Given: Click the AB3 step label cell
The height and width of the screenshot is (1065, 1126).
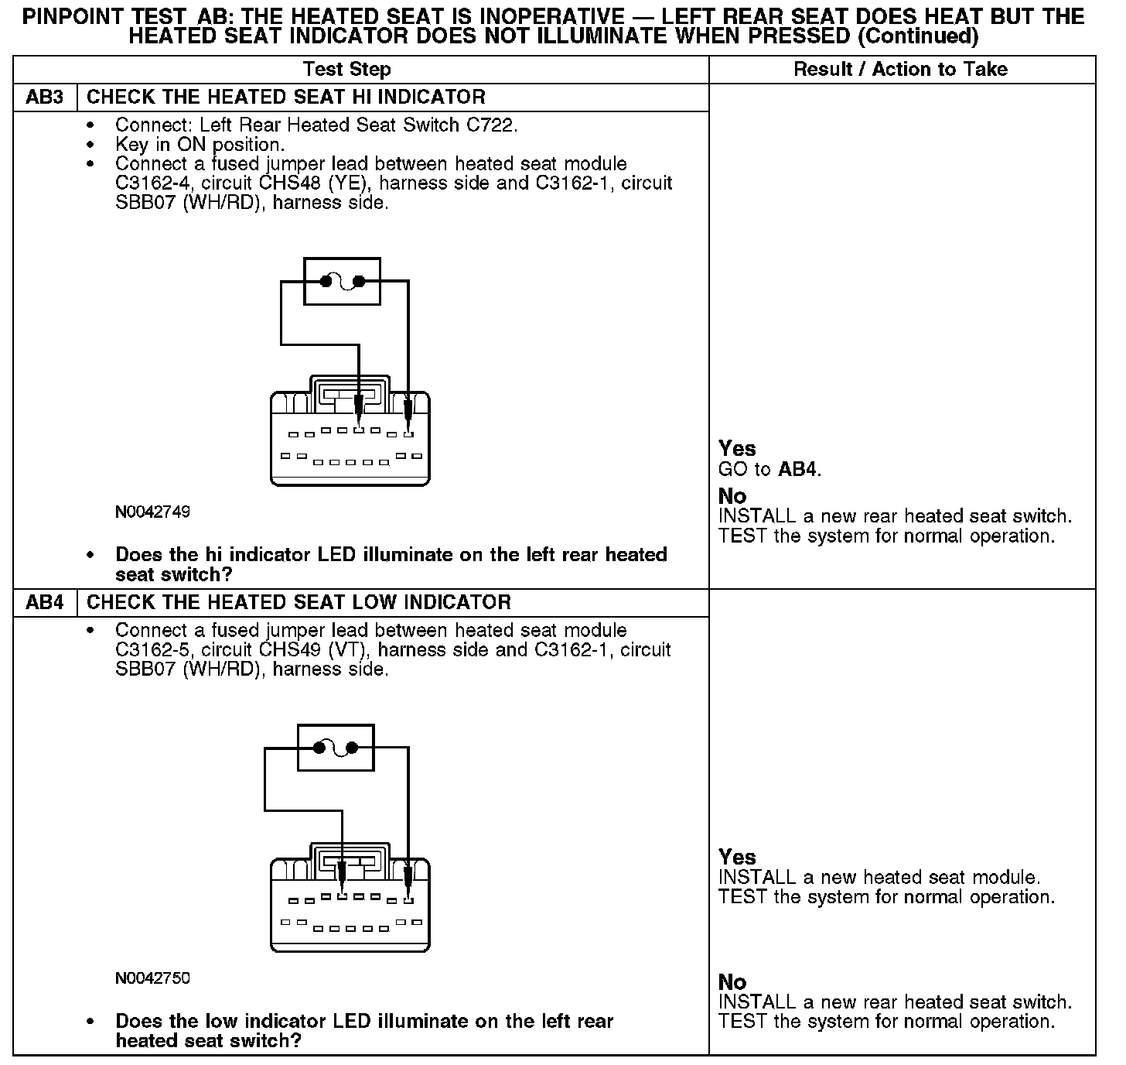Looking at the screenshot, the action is point(45,97).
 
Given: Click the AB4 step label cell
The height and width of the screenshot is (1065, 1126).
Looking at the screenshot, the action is point(45,602).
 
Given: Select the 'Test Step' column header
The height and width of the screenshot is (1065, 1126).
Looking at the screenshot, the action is point(347,69).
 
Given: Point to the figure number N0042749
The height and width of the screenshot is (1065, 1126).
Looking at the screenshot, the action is point(152,512).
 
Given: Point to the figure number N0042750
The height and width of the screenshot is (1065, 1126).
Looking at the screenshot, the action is point(152,978).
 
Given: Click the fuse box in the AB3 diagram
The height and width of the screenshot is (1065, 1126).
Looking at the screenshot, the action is point(342,282).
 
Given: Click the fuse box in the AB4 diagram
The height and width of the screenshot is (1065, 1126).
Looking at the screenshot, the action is point(336,748).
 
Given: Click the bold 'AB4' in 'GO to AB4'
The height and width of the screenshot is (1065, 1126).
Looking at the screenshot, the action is point(797,470).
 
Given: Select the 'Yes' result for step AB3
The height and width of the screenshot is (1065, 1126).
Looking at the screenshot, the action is point(737,448).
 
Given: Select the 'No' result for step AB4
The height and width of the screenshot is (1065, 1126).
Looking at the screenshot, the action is point(732,982).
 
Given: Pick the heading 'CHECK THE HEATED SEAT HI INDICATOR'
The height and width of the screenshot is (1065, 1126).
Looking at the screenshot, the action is point(285,97).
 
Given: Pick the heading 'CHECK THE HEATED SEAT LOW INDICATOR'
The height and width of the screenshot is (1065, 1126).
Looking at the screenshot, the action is point(299,602).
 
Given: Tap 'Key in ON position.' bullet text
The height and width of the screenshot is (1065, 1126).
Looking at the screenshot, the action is point(200,145).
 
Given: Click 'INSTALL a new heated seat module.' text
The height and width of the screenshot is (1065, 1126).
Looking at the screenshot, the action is point(879,878).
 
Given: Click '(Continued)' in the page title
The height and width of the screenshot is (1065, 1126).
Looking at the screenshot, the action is point(919,36).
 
